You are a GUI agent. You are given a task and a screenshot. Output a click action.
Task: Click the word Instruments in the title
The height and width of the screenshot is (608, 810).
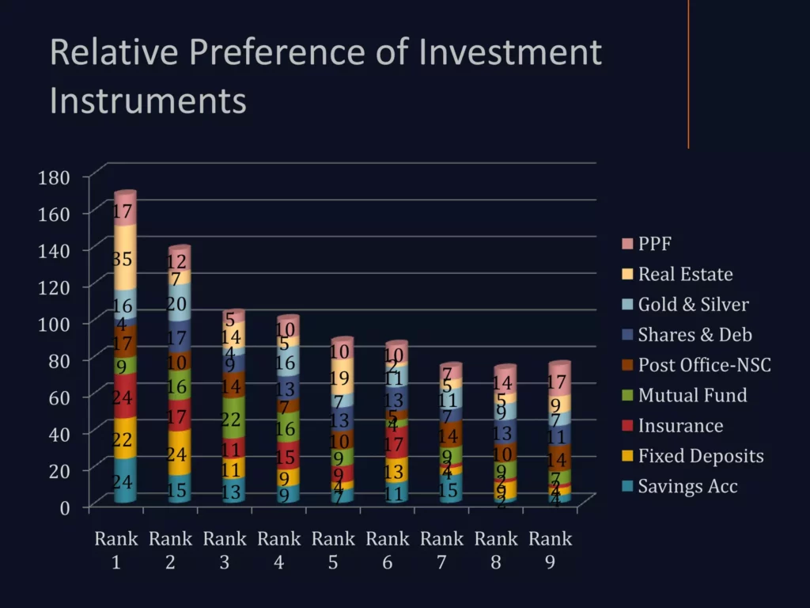(148, 101)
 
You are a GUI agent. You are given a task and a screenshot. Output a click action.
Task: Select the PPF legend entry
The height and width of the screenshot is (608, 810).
(654, 244)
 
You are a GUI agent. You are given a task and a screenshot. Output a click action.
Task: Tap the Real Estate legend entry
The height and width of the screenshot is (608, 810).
(685, 274)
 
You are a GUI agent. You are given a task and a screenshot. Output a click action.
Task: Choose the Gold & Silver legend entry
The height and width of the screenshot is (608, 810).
(693, 305)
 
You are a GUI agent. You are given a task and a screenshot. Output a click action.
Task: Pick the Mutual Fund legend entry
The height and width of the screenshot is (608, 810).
(692, 395)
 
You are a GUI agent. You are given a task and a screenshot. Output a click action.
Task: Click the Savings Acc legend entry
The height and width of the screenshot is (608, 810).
(687, 486)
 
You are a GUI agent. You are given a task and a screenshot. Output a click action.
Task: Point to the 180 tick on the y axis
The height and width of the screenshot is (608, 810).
(55, 177)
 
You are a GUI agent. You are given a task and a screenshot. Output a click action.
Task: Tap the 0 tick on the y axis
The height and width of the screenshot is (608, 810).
(65, 507)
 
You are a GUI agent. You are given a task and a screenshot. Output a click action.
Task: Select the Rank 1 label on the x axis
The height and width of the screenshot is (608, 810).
(116, 549)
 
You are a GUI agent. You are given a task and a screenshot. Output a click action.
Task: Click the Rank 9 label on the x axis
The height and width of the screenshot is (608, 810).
(550, 549)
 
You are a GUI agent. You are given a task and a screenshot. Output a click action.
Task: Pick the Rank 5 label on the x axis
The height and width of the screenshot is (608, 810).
(333, 549)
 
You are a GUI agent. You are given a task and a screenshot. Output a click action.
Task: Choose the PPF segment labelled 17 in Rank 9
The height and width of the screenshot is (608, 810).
(559, 382)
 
